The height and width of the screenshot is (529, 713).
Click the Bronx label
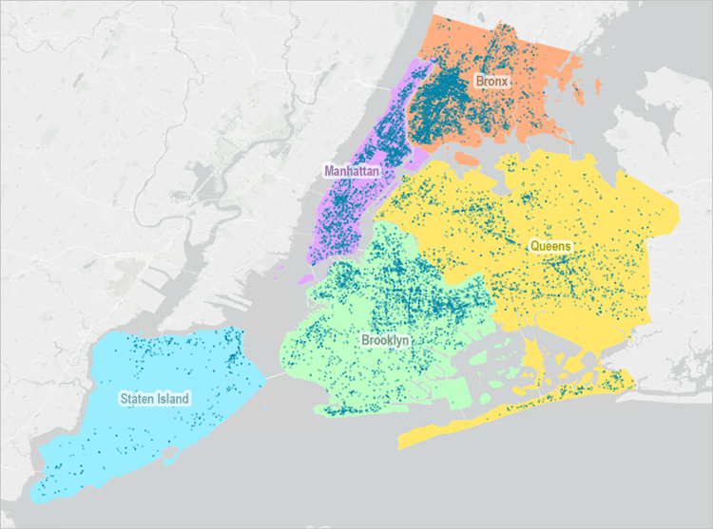click(492, 83)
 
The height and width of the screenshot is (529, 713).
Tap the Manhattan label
click(352, 171)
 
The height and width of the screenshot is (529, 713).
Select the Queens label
click(550, 246)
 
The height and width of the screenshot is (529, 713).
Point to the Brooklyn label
click(385, 339)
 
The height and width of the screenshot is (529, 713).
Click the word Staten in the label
click(137, 399)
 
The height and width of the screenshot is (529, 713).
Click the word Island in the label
click(173, 399)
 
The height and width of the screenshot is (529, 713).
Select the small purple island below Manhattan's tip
click(303, 280)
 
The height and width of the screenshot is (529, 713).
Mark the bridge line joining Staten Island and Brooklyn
click(273, 374)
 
